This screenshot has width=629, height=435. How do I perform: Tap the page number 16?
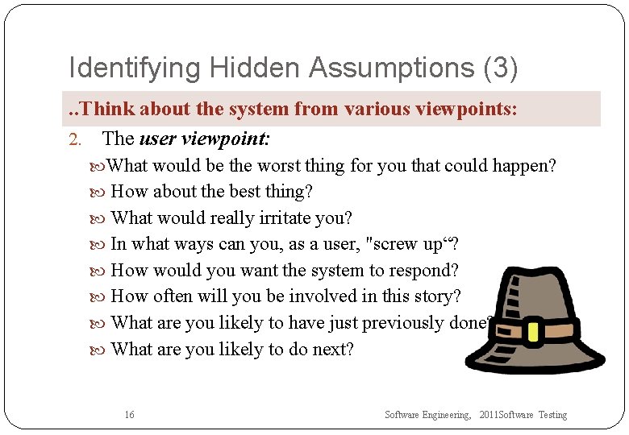(x=130, y=415)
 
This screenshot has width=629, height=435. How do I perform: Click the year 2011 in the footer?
(x=489, y=415)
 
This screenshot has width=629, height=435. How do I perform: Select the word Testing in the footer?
(x=553, y=415)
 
